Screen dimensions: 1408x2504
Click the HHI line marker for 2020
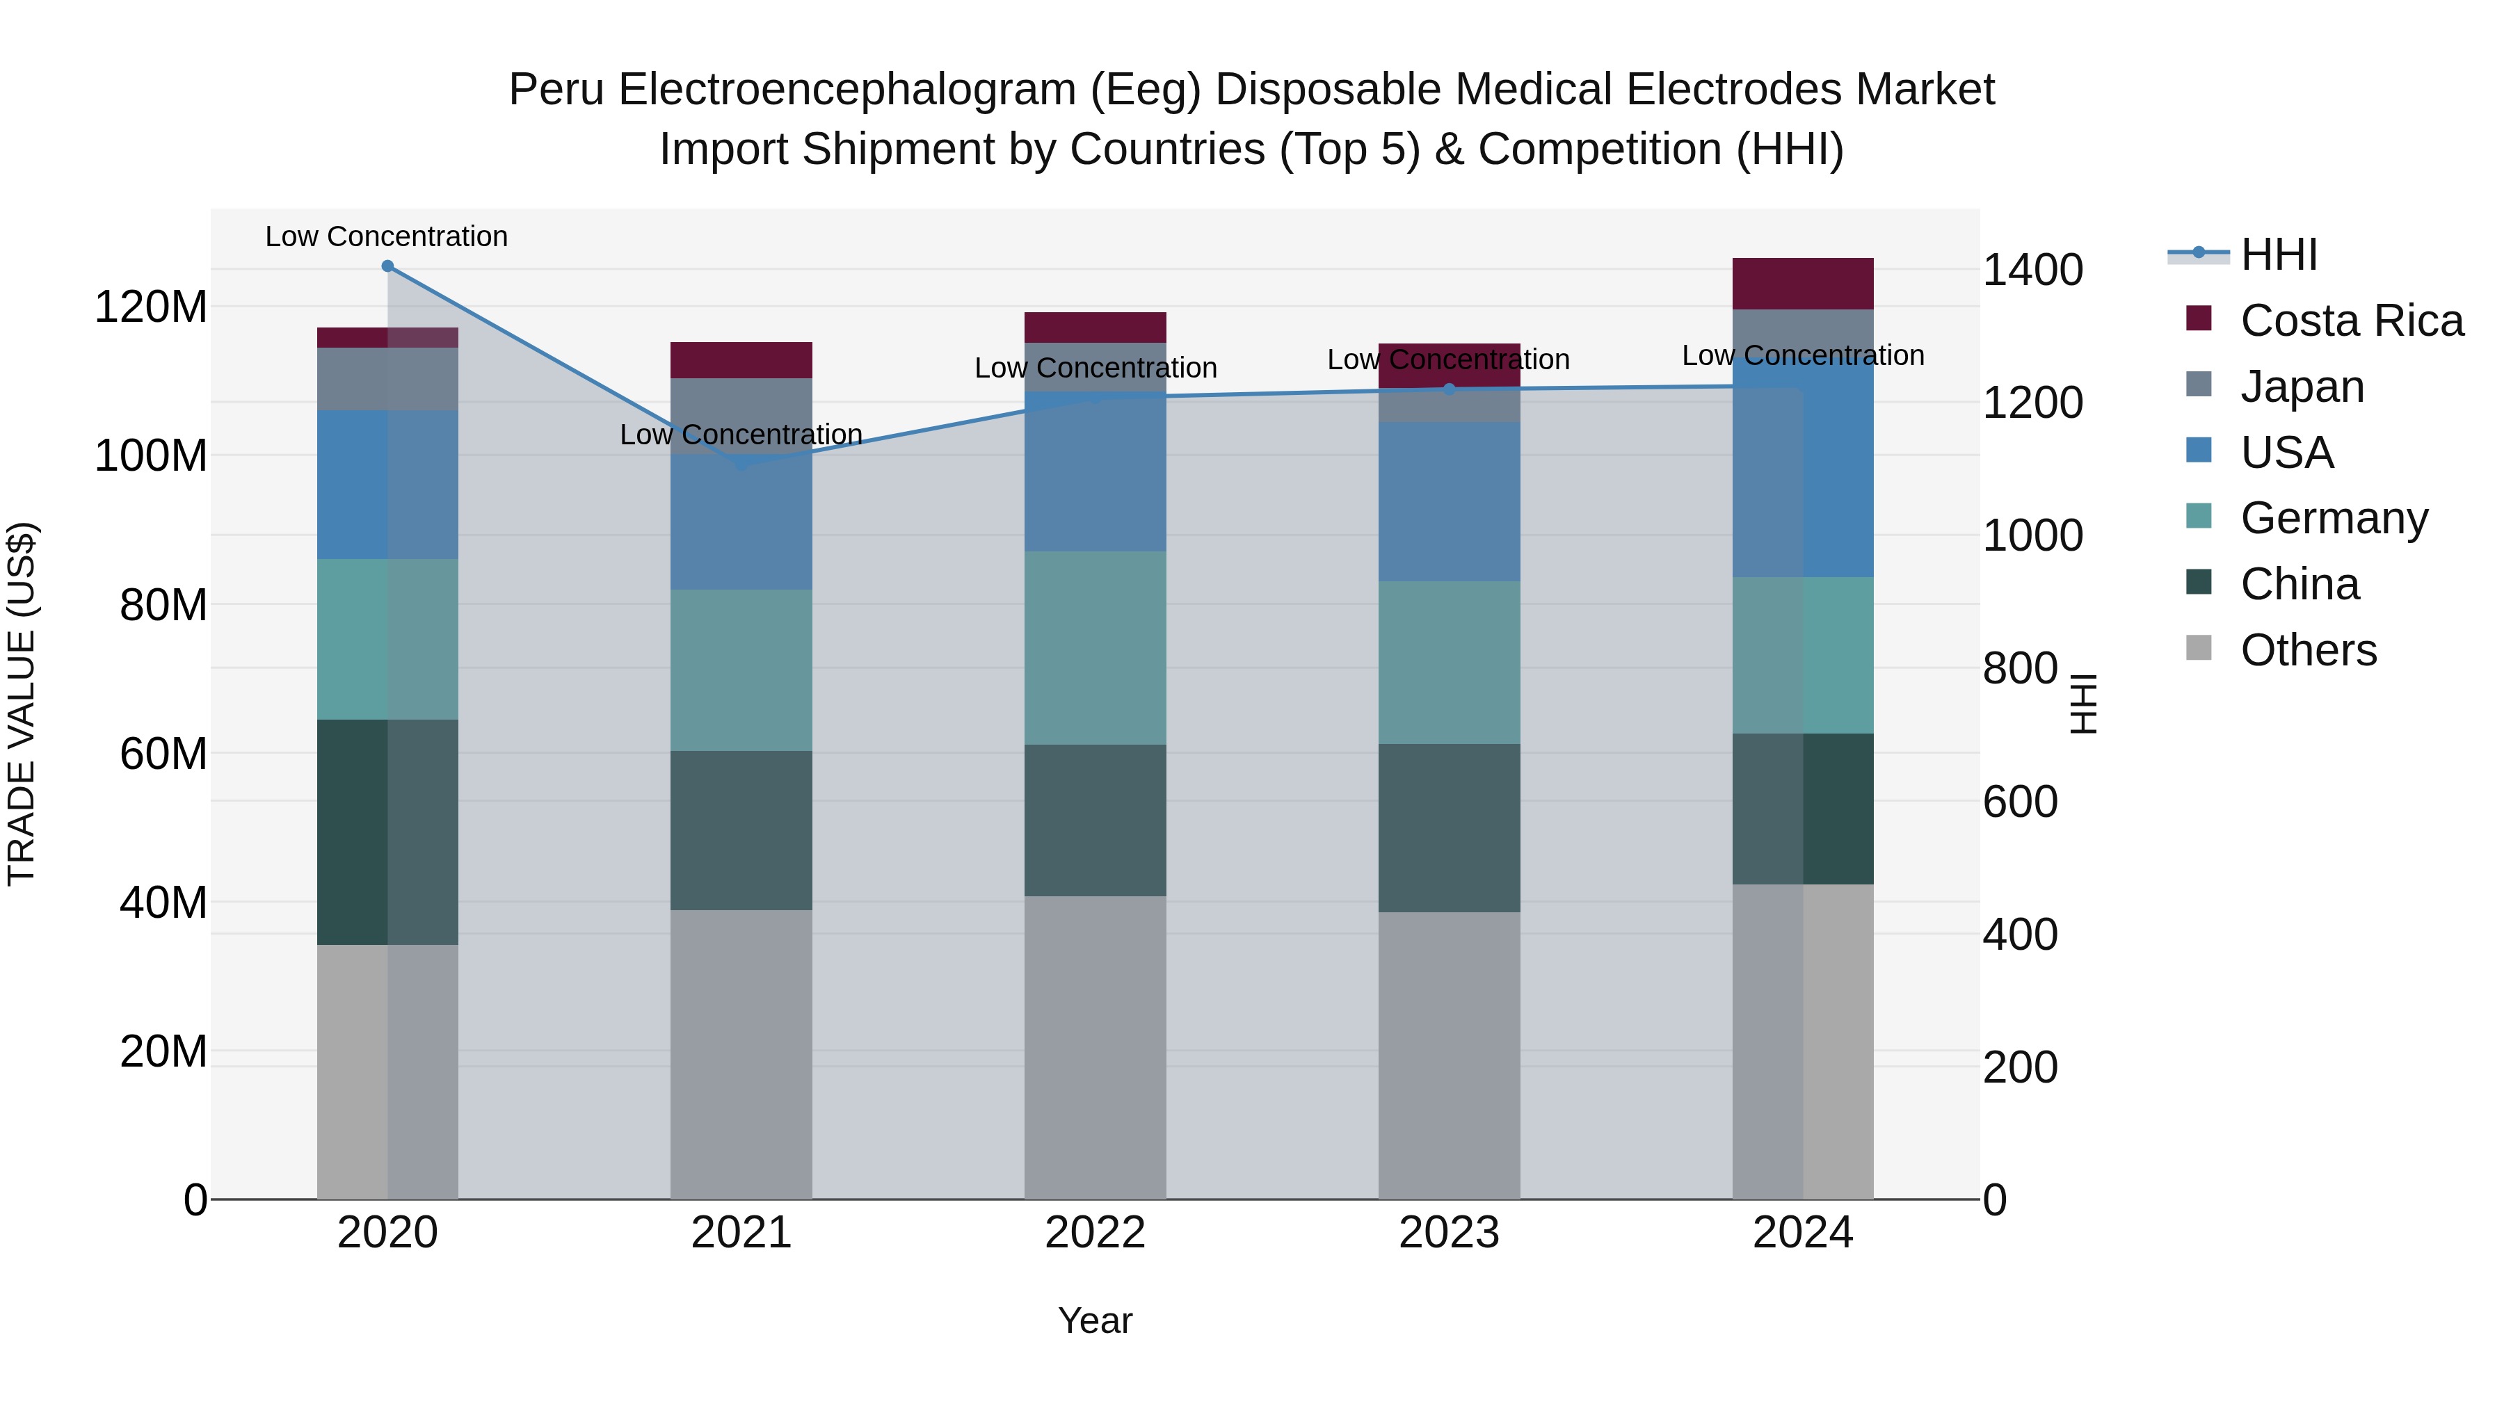point(388,266)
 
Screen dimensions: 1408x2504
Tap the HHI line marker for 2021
point(741,464)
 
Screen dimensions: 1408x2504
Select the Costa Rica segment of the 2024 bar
point(1802,284)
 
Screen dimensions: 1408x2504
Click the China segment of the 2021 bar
point(741,831)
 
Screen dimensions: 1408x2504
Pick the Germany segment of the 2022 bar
point(1095,648)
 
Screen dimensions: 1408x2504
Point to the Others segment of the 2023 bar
point(1450,1055)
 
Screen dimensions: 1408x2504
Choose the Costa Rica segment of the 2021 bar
point(741,360)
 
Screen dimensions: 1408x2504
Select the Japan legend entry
point(2302,387)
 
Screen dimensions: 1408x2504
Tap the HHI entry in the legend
point(2279,254)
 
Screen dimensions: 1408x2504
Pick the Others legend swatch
point(2199,648)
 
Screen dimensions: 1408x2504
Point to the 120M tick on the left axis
point(151,307)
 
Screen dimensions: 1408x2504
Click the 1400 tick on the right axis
point(2032,270)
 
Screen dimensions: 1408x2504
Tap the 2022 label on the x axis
point(1095,1233)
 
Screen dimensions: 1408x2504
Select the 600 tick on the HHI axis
point(2020,802)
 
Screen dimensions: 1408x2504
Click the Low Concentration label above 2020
point(387,236)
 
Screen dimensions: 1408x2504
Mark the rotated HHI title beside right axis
point(2083,704)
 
